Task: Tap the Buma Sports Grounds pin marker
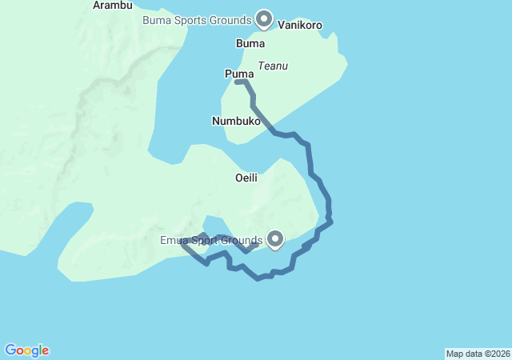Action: [264, 18]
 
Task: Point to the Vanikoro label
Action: [300, 26]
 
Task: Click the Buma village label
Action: [251, 42]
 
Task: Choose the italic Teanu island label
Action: [273, 66]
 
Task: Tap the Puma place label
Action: [238, 74]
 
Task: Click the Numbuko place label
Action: [237, 121]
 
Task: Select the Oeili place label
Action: [246, 177]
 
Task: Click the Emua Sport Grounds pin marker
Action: [275, 238]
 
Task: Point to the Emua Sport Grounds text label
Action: [212, 241]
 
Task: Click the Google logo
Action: [27, 350]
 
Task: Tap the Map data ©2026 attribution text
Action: [477, 354]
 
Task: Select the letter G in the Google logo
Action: [10, 350]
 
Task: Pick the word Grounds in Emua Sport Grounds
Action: [242, 241]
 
